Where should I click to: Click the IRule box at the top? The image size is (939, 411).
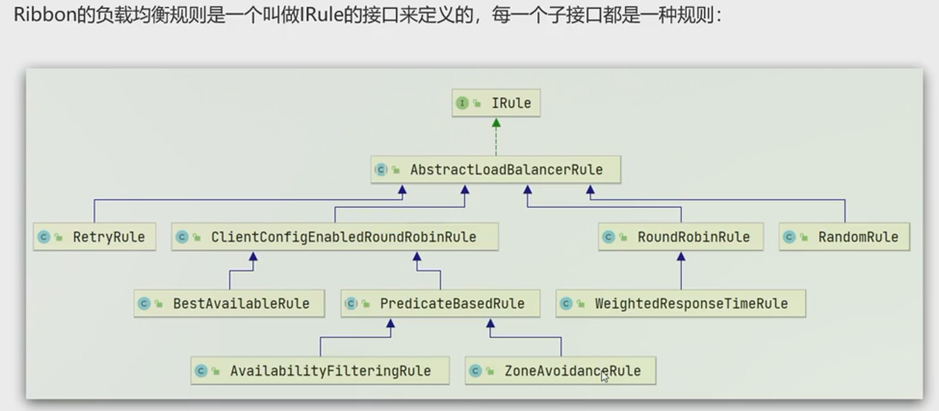(496, 103)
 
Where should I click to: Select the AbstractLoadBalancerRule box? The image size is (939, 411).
(495, 170)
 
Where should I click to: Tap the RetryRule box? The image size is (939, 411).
(94, 237)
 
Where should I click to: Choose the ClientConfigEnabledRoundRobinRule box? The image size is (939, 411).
(334, 237)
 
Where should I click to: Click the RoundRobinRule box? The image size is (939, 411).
(681, 237)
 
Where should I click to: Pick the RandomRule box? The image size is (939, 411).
(844, 237)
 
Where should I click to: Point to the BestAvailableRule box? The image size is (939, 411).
(229, 304)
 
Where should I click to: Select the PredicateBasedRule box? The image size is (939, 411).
(440, 304)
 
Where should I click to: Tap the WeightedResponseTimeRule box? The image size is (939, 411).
(680, 304)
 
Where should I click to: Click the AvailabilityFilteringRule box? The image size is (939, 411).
(320, 371)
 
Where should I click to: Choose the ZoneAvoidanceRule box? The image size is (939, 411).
(560, 371)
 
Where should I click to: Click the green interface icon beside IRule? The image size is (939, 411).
(462, 103)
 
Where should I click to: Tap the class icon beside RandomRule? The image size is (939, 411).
(789, 237)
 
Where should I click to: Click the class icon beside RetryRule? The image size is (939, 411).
(44, 237)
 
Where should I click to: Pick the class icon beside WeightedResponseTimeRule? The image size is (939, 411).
(566, 304)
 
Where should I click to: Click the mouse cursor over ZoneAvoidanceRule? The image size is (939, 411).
(603, 376)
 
